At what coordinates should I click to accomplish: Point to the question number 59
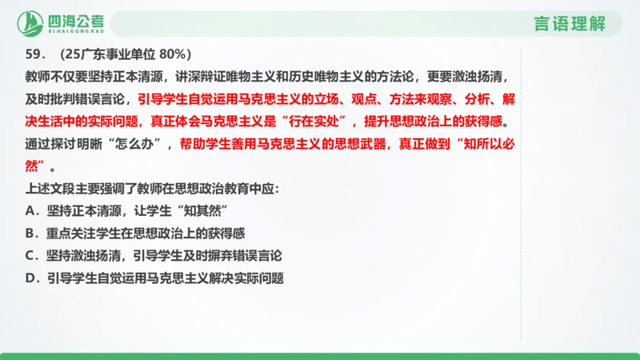coord(35,55)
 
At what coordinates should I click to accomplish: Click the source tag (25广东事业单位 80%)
coord(124,55)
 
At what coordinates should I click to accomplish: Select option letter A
coord(30,212)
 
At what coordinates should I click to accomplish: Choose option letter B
coord(30,234)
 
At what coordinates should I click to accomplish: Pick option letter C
coord(30,257)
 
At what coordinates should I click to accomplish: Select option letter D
coord(30,279)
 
